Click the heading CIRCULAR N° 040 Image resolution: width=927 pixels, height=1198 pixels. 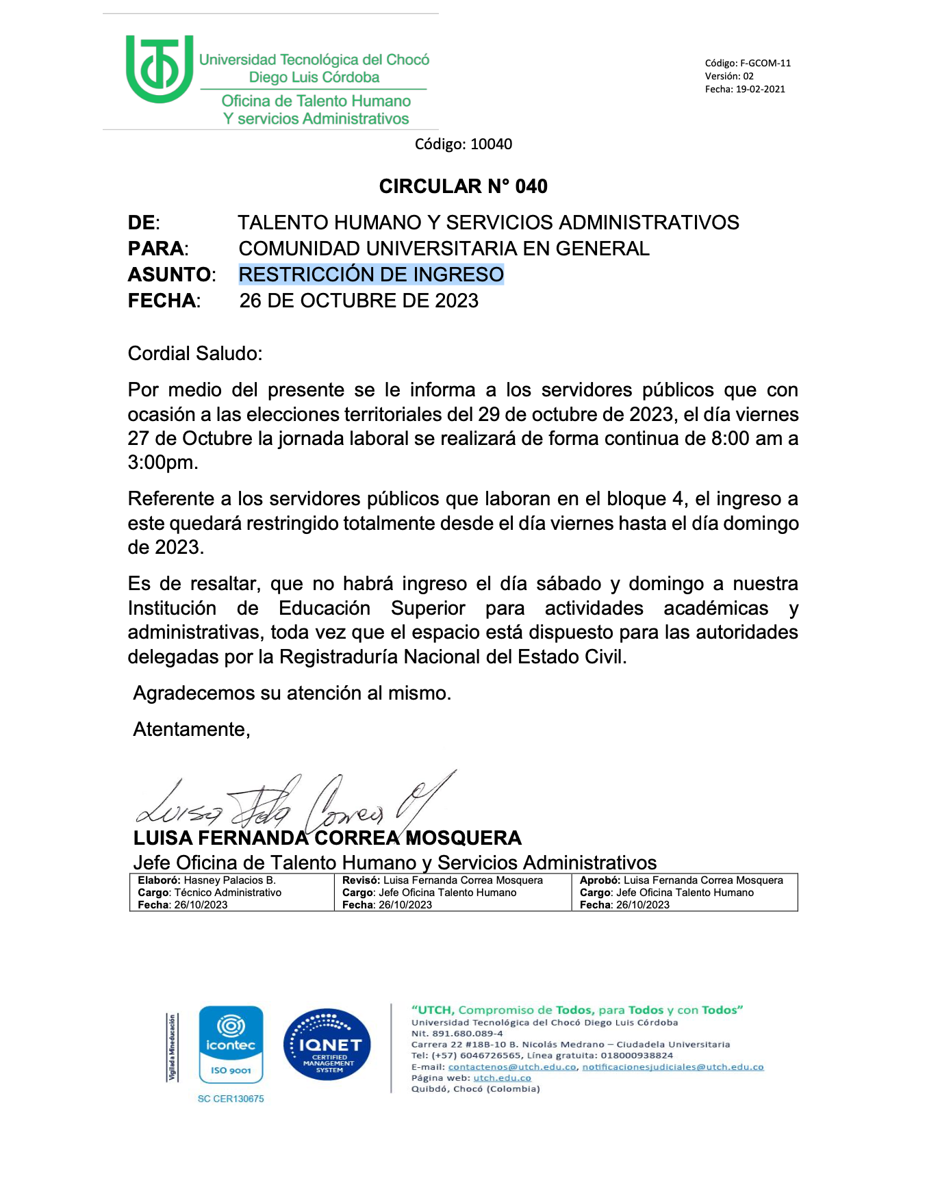pos(463,186)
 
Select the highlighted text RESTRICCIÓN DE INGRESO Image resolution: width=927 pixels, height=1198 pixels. pos(371,275)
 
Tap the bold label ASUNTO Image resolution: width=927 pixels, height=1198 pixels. pos(170,275)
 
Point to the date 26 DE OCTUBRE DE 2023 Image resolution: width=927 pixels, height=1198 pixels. pos(359,301)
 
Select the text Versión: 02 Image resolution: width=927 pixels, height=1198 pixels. pos(729,76)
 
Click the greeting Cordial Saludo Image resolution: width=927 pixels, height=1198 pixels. pos(194,353)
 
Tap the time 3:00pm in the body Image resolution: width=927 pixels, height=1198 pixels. pos(162,463)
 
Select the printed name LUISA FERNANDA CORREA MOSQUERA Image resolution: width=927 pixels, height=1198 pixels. pos(327,838)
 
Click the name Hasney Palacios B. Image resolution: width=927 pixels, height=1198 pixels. pos(230,880)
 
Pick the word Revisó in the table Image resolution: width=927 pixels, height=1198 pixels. pos(360,880)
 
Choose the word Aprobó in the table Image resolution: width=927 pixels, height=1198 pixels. pos(599,880)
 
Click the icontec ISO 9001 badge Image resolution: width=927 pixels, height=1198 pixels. pos(231,1045)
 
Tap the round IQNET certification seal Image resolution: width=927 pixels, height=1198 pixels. pos(327,1045)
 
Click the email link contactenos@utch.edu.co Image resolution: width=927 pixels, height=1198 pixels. pos(512,1067)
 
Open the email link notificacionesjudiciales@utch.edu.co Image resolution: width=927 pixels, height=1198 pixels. pos(672,1067)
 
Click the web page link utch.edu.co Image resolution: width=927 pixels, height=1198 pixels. pos(502,1078)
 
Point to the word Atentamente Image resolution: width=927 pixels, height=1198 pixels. pos(191,730)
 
